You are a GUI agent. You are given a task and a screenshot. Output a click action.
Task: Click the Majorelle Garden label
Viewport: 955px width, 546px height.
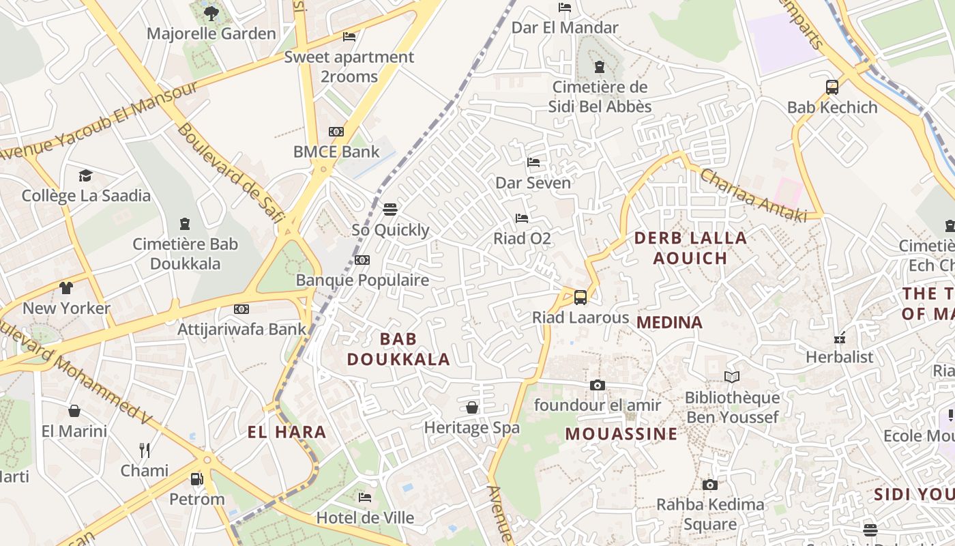pos(211,33)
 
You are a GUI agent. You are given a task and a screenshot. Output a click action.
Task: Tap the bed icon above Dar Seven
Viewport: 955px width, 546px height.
pos(533,162)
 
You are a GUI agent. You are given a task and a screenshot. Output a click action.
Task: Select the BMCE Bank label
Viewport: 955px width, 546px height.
pos(336,152)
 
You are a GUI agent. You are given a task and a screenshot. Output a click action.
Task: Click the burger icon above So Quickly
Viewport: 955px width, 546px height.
pos(390,209)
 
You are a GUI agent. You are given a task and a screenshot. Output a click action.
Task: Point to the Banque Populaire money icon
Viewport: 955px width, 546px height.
pos(362,260)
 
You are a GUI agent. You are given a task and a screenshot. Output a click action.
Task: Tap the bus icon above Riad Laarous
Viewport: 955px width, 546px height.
pos(581,297)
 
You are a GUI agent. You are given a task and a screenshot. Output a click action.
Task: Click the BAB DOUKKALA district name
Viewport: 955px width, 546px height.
pos(398,349)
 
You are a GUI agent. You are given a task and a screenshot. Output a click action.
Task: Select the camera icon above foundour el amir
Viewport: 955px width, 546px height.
pos(598,385)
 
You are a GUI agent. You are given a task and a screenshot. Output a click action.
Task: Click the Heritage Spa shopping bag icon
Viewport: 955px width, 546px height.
pos(471,407)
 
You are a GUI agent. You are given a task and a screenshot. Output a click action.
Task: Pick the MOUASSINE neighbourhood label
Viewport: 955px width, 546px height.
pos(621,434)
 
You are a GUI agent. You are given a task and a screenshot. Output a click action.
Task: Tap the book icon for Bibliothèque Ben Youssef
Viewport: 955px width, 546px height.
pos(732,377)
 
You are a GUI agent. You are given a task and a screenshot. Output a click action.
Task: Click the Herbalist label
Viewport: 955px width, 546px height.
pos(839,357)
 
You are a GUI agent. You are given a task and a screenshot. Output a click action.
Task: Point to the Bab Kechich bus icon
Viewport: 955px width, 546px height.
pos(832,87)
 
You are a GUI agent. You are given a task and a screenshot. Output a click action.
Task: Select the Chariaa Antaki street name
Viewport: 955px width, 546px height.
pos(753,194)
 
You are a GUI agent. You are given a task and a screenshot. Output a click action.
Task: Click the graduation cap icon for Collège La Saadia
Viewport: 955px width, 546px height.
pos(85,176)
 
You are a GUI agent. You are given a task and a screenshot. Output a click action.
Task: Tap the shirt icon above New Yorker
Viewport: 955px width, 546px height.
pos(66,288)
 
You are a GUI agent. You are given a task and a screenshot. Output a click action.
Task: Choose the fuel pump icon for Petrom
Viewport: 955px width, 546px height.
pos(196,479)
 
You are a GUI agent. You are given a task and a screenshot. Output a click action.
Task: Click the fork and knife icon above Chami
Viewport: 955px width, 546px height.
pos(145,450)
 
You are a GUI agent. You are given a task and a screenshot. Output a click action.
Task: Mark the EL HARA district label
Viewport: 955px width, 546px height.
pos(286,432)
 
